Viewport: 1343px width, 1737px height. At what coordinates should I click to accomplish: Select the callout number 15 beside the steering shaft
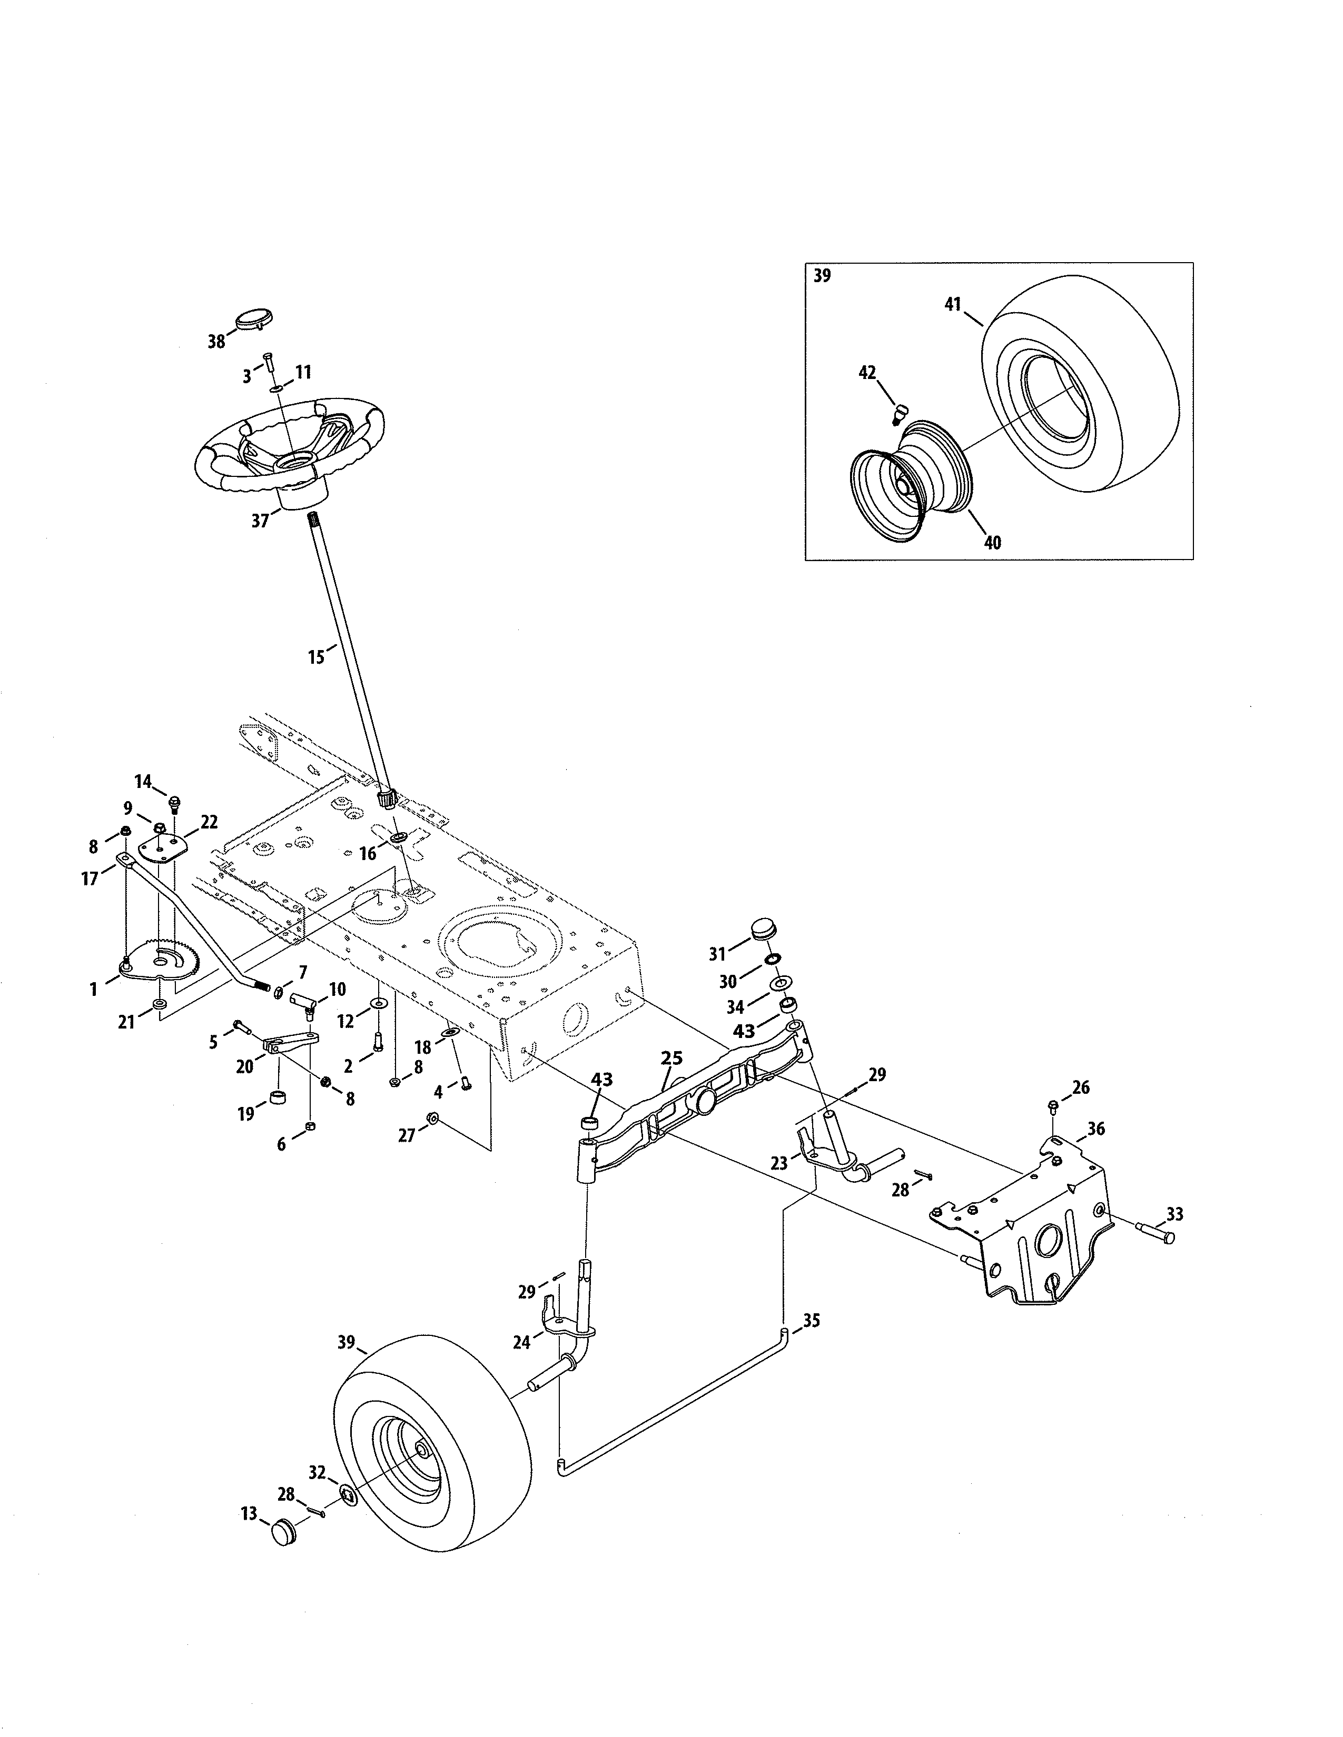click(x=317, y=657)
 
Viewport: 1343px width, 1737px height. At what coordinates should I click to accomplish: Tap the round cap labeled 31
click(x=762, y=931)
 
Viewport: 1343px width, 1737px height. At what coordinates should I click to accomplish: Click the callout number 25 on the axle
click(x=671, y=1059)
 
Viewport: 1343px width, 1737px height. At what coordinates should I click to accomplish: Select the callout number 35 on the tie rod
click(x=812, y=1321)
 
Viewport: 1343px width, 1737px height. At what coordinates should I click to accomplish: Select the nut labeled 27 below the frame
click(x=433, y=1119)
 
